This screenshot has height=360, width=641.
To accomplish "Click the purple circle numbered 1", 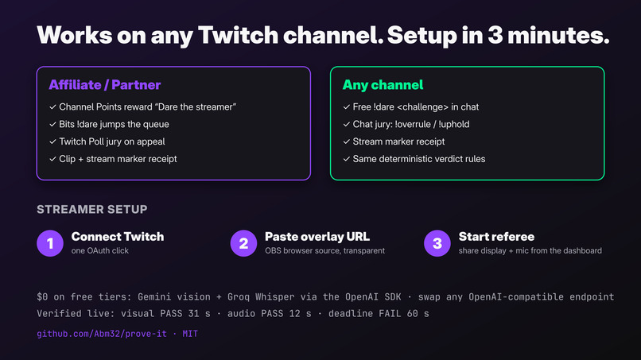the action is pos(50,243).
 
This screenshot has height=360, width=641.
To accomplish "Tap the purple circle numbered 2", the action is pos(243,243).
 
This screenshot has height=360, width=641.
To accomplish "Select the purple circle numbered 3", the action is pos(437,243).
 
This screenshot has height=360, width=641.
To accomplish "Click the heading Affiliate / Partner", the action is pos(105,85).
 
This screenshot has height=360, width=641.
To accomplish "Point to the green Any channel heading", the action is pos(383,85).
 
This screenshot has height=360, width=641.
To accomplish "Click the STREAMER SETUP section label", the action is pos(92,209).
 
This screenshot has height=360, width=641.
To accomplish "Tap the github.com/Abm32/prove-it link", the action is pos(102,334).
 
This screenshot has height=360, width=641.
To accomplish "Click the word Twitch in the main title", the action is pos(238,35).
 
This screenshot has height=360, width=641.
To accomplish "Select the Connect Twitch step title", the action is pos(118,237).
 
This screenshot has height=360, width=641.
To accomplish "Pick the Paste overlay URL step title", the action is pos(317,237).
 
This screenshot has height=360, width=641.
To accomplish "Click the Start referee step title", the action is pos(496,237).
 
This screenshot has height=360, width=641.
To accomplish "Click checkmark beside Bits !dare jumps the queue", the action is pos(52,124).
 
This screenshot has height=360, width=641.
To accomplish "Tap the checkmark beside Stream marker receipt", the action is pos(346,141).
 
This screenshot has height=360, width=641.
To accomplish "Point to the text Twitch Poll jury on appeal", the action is pos(112,141).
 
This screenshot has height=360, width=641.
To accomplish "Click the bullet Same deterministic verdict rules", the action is pos(419,159).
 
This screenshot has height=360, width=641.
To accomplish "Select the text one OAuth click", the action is pos(99,251).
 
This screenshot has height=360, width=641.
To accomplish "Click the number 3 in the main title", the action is pos(495,35).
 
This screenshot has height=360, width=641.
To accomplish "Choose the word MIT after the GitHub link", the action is pos(190,334).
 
